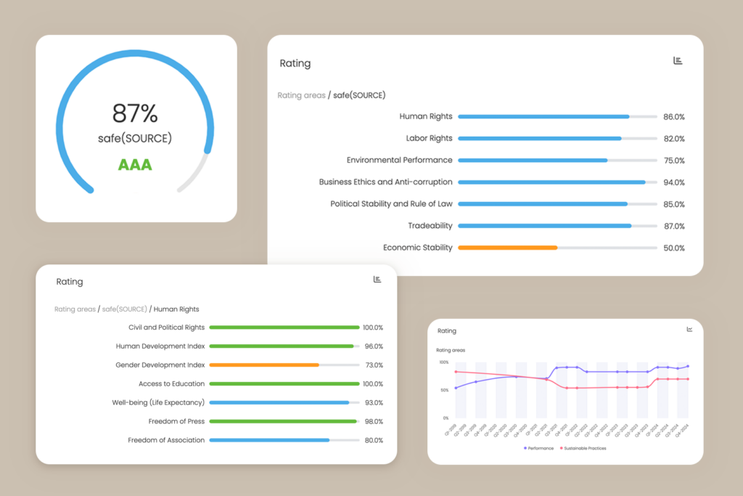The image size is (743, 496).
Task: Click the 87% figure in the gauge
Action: click(135, 113)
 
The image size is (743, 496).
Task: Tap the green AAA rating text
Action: click(135, 165)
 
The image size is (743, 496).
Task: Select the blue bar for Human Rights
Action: click(543, 116)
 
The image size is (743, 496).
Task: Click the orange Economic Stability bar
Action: click(507, 248)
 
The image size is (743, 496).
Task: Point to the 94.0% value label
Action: click(674, 182)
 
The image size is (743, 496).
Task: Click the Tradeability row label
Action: click(430, 226)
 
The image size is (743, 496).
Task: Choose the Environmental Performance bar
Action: click(533, 160)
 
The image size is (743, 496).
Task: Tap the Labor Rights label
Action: click(429, 138)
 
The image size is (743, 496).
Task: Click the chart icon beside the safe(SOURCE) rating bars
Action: click(678, 61)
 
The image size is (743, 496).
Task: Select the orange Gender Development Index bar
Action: click(264, 365)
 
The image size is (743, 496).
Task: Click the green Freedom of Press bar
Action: click(283, 421)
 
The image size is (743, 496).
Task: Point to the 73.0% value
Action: click(374, 365)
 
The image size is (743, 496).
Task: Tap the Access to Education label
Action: click(171, 383)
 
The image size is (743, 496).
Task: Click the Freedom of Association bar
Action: click(269, 440)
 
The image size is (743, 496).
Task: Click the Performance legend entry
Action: click(539, 448)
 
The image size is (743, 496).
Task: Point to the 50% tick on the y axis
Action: click(443, 390)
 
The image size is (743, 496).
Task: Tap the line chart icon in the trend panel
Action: click(689, 329)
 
